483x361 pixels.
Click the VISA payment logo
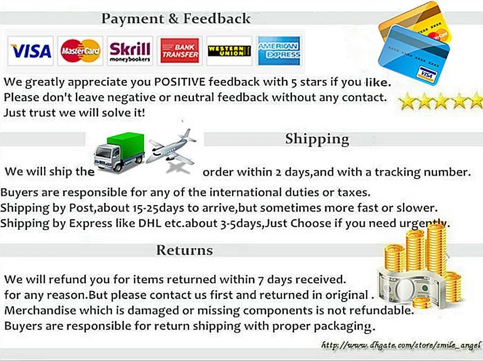pyautogui.click(x=31, y=51)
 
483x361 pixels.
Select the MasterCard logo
pyautogui.click(x=80, y=51)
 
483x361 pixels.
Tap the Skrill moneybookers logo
pyautogui.click(x=130, y=51)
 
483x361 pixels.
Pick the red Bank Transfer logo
pyautogui.click(x=180, y=51)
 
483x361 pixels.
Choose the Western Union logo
pyautogui.click(x=229, y=51)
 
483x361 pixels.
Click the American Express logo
pyautogui.click(x=279, y=51)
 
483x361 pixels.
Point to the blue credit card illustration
pyautogui.click(x=414, y=55)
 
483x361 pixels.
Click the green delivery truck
pyautogui.click(x=119, y=152)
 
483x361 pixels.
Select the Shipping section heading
pyautogui.click(x=317, y=139)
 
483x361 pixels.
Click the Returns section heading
pyautogui.click(x=185, y=250)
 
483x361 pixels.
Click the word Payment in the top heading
pyautogui.click(x=132, y=19)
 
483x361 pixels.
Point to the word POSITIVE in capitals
pyautogui.click(x=180, y=82)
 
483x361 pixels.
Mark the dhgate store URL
pyautogui.click(x=401, y=345)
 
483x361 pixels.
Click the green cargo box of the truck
pyautogui.click(x=126, y=144)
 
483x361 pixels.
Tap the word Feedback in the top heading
pyautogui.click(x=217, y=19)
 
